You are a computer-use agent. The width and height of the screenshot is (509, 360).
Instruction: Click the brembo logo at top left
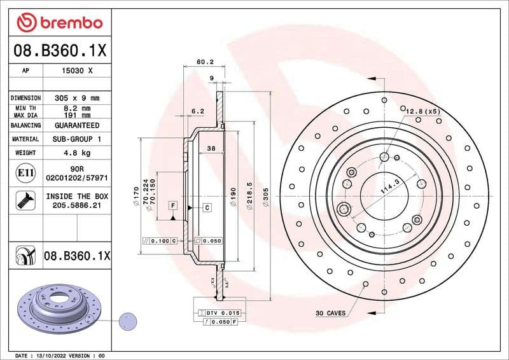pos(59,23)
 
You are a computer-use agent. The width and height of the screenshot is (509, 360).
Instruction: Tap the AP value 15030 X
pos(77,71)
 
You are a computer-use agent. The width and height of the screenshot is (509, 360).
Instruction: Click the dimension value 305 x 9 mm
pos(77,99)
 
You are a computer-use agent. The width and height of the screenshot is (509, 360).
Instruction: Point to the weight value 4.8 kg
pos(77,153)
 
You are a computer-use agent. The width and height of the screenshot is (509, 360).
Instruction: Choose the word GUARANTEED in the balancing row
pos(77,126)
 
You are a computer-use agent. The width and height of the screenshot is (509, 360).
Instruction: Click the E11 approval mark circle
pos(25,172)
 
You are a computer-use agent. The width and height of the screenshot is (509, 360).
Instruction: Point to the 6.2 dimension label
pos(197,111)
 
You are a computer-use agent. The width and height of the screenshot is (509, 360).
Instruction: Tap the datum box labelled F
pos(172,205)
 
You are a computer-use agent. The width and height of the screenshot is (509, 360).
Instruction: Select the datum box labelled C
pos(207,207)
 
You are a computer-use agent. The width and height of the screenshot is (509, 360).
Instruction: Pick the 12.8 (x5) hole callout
pos(423,111)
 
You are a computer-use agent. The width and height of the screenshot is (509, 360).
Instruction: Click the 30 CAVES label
pos(331,313)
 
